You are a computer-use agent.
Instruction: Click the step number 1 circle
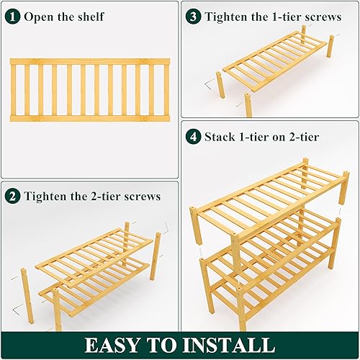(x=14, y=16)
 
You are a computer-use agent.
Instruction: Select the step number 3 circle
(x=193, y=16)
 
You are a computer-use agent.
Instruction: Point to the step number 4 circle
(x=193, y=135)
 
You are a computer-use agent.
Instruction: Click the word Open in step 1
(x=39, y=17)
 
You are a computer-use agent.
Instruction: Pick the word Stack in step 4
(x=221, y=135)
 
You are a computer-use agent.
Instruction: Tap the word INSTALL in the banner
(x=231, y=344)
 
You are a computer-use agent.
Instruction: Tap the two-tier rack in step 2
(x=94, y=270)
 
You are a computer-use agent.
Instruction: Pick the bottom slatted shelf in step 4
(x=274, y=288)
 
